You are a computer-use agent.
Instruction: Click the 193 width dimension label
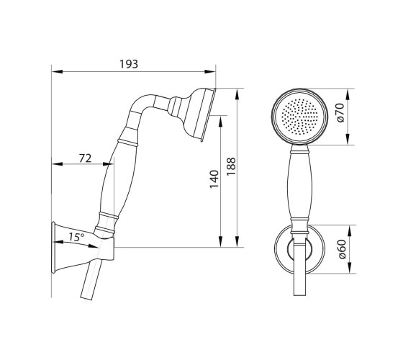129,64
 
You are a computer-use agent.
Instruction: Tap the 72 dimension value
85,158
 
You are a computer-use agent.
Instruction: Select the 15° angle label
76,237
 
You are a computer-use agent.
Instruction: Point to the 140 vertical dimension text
214,179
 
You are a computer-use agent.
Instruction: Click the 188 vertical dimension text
231,166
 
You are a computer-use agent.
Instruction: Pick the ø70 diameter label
340,112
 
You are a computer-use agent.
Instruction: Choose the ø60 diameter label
342,249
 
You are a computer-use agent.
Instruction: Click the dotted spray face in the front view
299,117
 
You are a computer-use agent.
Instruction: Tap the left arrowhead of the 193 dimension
57,71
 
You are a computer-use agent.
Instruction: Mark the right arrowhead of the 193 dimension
210,71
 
